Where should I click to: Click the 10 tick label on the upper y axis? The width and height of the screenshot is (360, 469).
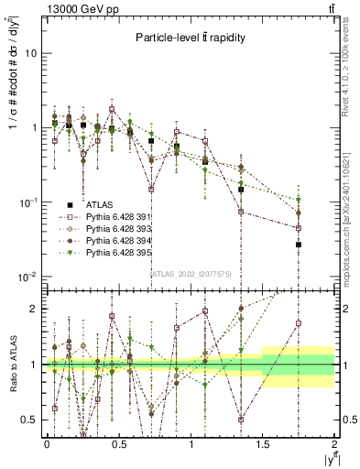pyautogui.click(x=30, y=53)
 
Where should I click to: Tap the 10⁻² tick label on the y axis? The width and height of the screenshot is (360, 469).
pyautogui.click(x=28, y=277)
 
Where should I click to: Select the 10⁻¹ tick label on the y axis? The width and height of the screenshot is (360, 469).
pyautogui.click(x=28, y=202)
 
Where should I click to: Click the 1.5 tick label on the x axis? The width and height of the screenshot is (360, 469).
pyautogui.click(x=263, y=443)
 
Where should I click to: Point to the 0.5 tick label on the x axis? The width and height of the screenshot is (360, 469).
pyautogui.click(x=118, y=443)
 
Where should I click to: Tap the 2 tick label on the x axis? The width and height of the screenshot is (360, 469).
pyautogui.click(x=335, y=443)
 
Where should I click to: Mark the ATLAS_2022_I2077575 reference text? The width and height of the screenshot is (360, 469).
pyautogui.click(x=191, y=273)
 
